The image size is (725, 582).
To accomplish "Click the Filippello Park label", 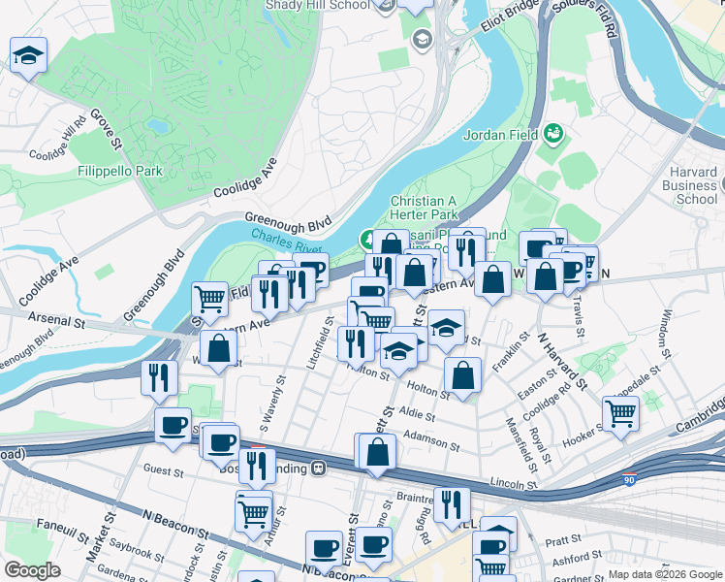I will [121, 171].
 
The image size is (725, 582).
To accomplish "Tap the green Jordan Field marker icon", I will [553, 132].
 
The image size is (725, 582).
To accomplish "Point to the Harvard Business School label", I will [695, 185].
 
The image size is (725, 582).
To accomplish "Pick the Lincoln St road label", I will [513, 482].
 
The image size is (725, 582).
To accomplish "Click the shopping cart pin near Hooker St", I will [621, 414].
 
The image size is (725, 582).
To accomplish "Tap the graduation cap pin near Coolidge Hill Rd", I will [29, 55].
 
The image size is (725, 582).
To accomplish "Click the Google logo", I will [34, 569].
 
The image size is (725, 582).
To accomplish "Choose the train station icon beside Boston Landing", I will [317, 469].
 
